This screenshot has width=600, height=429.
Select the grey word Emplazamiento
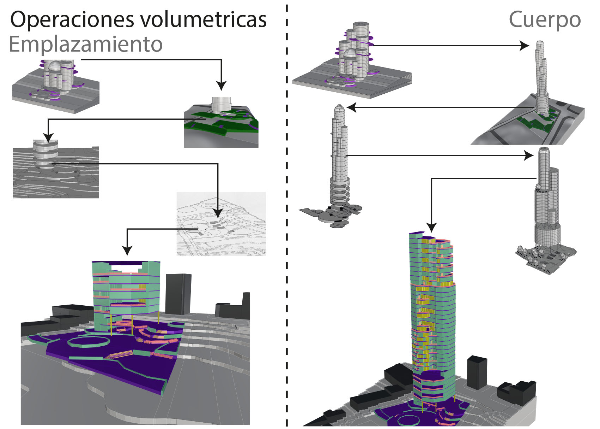(86, 45)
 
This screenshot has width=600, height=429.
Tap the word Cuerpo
(545, 20)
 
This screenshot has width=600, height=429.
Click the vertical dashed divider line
(287, 212)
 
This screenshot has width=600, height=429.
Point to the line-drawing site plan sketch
(221, 224)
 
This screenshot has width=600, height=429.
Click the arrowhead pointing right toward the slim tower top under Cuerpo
(525, 46)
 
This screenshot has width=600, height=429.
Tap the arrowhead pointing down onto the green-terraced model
(221, 86)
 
